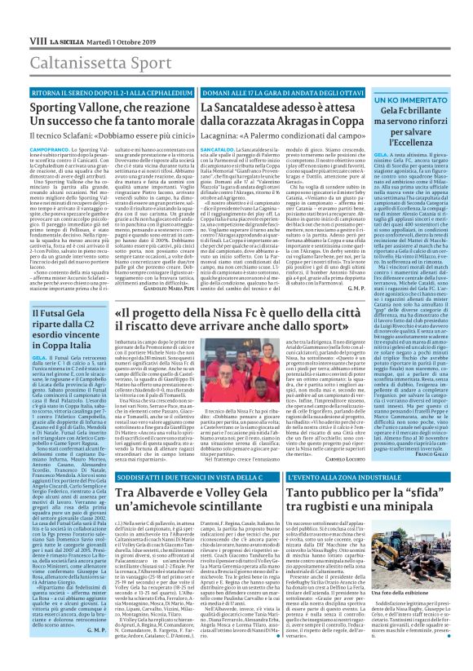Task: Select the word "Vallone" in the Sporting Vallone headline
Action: click(x=107, y=86)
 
